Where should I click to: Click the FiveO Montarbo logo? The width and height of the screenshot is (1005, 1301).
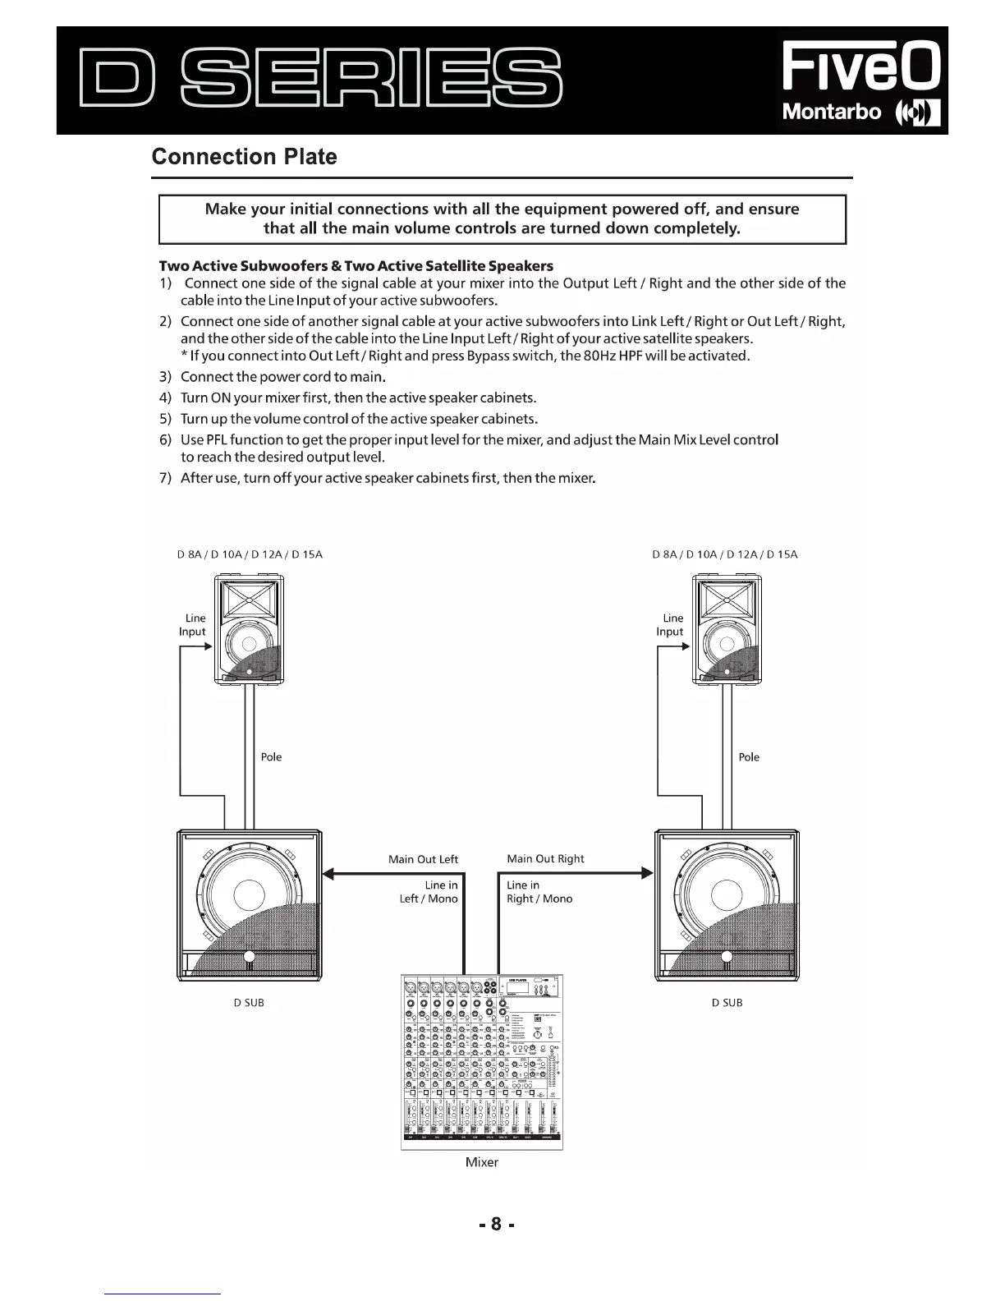(860, 80)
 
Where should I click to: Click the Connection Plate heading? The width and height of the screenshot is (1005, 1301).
(245, 157)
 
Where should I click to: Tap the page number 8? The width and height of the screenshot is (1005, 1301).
(496, 1224)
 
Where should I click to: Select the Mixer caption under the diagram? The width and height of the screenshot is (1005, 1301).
(482, 1162)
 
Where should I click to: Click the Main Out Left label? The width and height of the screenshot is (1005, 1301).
(423, 859)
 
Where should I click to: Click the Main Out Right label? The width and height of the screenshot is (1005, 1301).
(545, 858)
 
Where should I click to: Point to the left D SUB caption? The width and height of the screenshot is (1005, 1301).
(249, 1003)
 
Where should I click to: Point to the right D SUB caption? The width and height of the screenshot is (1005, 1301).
(727, 1003)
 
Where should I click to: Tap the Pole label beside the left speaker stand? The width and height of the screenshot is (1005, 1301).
(271, 757)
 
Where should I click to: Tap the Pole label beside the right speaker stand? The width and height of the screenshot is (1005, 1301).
(749, 757)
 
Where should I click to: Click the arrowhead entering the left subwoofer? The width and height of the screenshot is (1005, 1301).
(329, 873)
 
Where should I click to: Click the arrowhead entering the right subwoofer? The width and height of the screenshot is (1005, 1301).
(647, 873)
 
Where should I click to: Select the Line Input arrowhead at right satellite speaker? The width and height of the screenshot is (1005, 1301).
(685, 646)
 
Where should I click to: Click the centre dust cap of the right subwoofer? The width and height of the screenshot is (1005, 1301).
(727, 895)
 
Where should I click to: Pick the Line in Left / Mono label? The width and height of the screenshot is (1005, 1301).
(429, 892)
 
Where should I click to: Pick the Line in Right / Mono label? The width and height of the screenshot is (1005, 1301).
(539, 892)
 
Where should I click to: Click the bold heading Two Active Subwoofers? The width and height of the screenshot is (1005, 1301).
(356, 266)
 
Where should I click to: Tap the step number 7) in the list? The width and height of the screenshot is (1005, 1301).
(164, 478)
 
